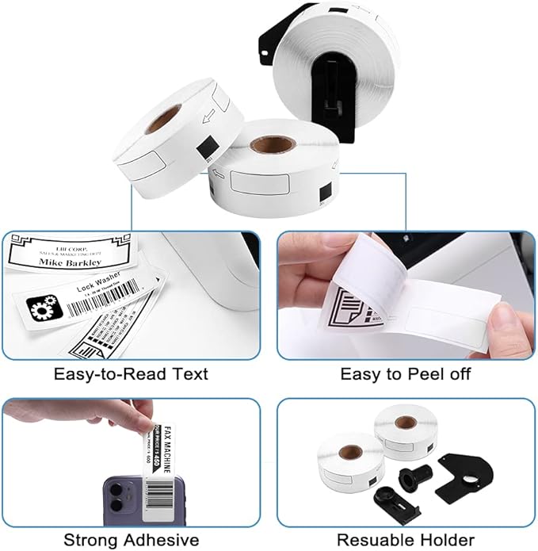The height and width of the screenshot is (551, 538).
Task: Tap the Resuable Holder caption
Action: (405, 539)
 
